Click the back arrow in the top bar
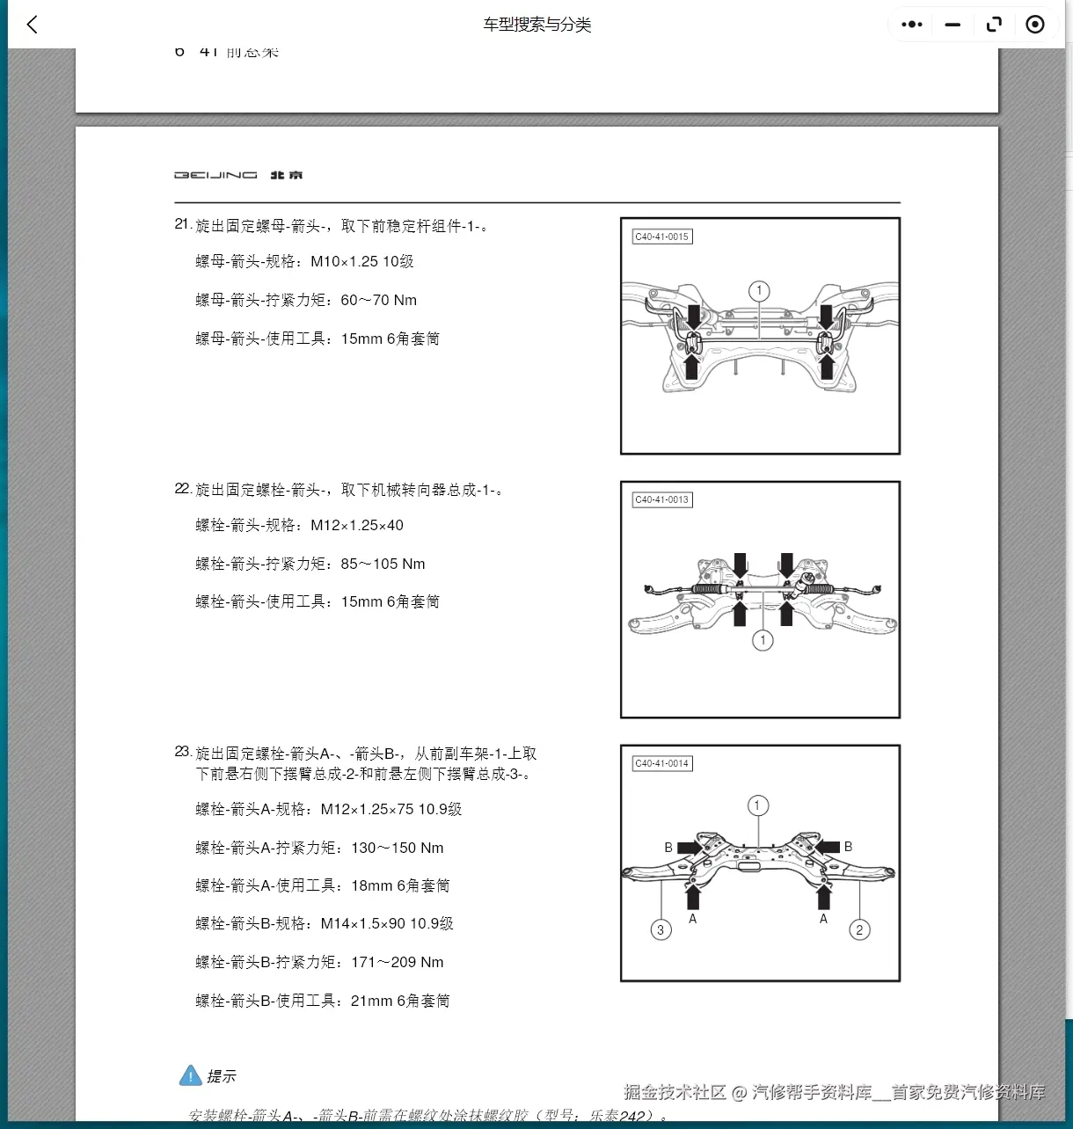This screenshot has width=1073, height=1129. click(33, 25)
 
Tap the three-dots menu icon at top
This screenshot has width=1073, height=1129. click(912, 25)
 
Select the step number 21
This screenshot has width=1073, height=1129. click(182, 224)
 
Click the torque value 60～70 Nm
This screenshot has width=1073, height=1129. click(378, 300)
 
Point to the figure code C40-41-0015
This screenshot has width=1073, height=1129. click(662, 237)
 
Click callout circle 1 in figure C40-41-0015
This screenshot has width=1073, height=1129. click(759, 291)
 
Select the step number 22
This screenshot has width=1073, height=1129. click(182, 488)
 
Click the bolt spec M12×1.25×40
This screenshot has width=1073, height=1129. click(356, 525)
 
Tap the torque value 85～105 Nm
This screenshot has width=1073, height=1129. click(383, 564)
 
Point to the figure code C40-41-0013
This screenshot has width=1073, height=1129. click(662, 499)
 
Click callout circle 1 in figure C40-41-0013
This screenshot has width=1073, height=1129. click(763, 640)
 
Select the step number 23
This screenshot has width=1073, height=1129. click(182, 751)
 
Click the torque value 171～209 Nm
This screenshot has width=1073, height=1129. click(397, 962)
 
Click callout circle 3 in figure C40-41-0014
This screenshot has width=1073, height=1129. click(661, 929)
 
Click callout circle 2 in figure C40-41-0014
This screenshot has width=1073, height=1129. click(859, 929)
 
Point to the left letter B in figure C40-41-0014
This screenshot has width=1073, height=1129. click(668, 847)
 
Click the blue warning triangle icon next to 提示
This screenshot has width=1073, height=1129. click(190, 1075)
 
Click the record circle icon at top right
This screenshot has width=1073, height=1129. click(1035, 25)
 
